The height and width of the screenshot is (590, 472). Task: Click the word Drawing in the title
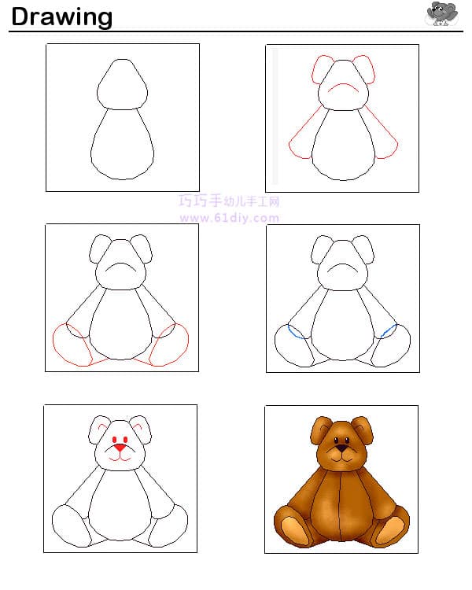61,17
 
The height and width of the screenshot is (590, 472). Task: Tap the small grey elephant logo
442,14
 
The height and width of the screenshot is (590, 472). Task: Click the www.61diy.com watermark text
229,218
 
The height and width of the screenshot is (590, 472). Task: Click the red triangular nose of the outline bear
120,448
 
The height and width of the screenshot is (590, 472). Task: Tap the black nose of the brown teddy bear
341,448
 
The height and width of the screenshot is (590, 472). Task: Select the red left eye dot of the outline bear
114,440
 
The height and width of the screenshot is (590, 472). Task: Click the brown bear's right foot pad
390,530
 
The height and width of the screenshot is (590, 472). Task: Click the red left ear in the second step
320,69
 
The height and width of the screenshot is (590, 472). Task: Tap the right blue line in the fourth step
389,330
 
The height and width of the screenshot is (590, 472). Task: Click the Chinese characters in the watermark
229,201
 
